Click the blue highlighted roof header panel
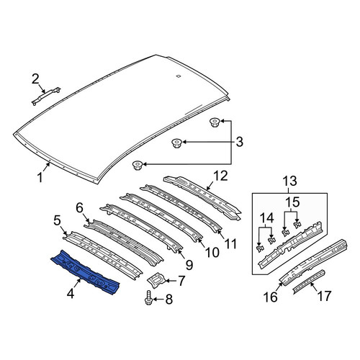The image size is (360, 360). [85, 272]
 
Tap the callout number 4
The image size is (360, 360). [71, 293]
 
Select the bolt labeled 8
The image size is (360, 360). [148, 299]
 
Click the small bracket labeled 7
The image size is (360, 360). [156, 280]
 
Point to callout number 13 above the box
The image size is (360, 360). [289, 181]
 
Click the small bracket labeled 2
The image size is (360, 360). [46, 96]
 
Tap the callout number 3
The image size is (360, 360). [239, 142]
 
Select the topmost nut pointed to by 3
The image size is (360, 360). [215, 122]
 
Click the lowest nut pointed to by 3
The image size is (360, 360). [138, 166]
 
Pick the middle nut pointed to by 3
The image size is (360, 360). [177, 143]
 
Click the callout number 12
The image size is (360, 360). [220, 176]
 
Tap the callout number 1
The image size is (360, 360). [40, 178]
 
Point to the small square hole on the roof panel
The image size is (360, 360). [178, 76]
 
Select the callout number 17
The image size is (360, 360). [324, 296]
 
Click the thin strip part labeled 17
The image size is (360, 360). [309, 282]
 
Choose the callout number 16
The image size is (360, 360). [270, 297]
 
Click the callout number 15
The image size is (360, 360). [292, 202]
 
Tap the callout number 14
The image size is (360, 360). [266, 218]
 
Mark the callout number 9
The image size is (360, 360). [189, 265]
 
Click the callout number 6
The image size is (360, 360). [79, 208]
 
